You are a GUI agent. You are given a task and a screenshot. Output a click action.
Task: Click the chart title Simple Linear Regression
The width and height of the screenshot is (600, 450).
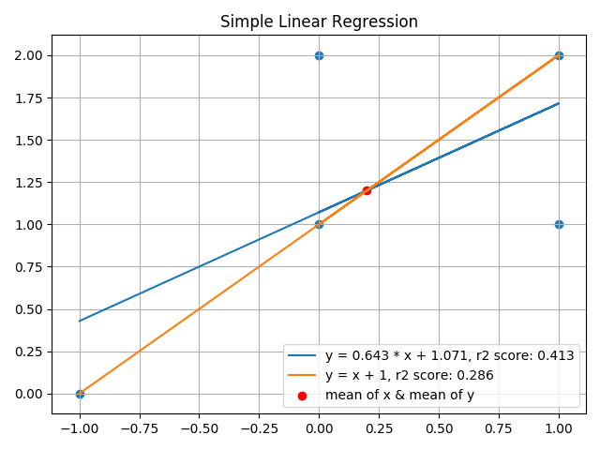[319, 22]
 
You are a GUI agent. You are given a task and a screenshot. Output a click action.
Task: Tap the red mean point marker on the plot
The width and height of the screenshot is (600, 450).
[367, 190]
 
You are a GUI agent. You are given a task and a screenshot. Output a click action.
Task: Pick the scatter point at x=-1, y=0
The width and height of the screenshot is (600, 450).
[80, 394]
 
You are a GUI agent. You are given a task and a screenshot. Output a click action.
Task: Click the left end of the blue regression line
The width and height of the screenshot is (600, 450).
[80, 321]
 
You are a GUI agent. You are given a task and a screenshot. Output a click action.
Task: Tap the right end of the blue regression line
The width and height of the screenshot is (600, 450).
[559, 103]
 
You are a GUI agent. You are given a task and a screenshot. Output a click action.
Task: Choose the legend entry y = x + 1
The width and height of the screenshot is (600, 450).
[409, 375]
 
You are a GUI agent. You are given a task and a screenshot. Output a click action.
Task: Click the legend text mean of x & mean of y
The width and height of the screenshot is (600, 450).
[412, 395]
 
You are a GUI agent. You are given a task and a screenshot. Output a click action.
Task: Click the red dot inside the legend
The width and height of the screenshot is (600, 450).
[302, 396]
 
